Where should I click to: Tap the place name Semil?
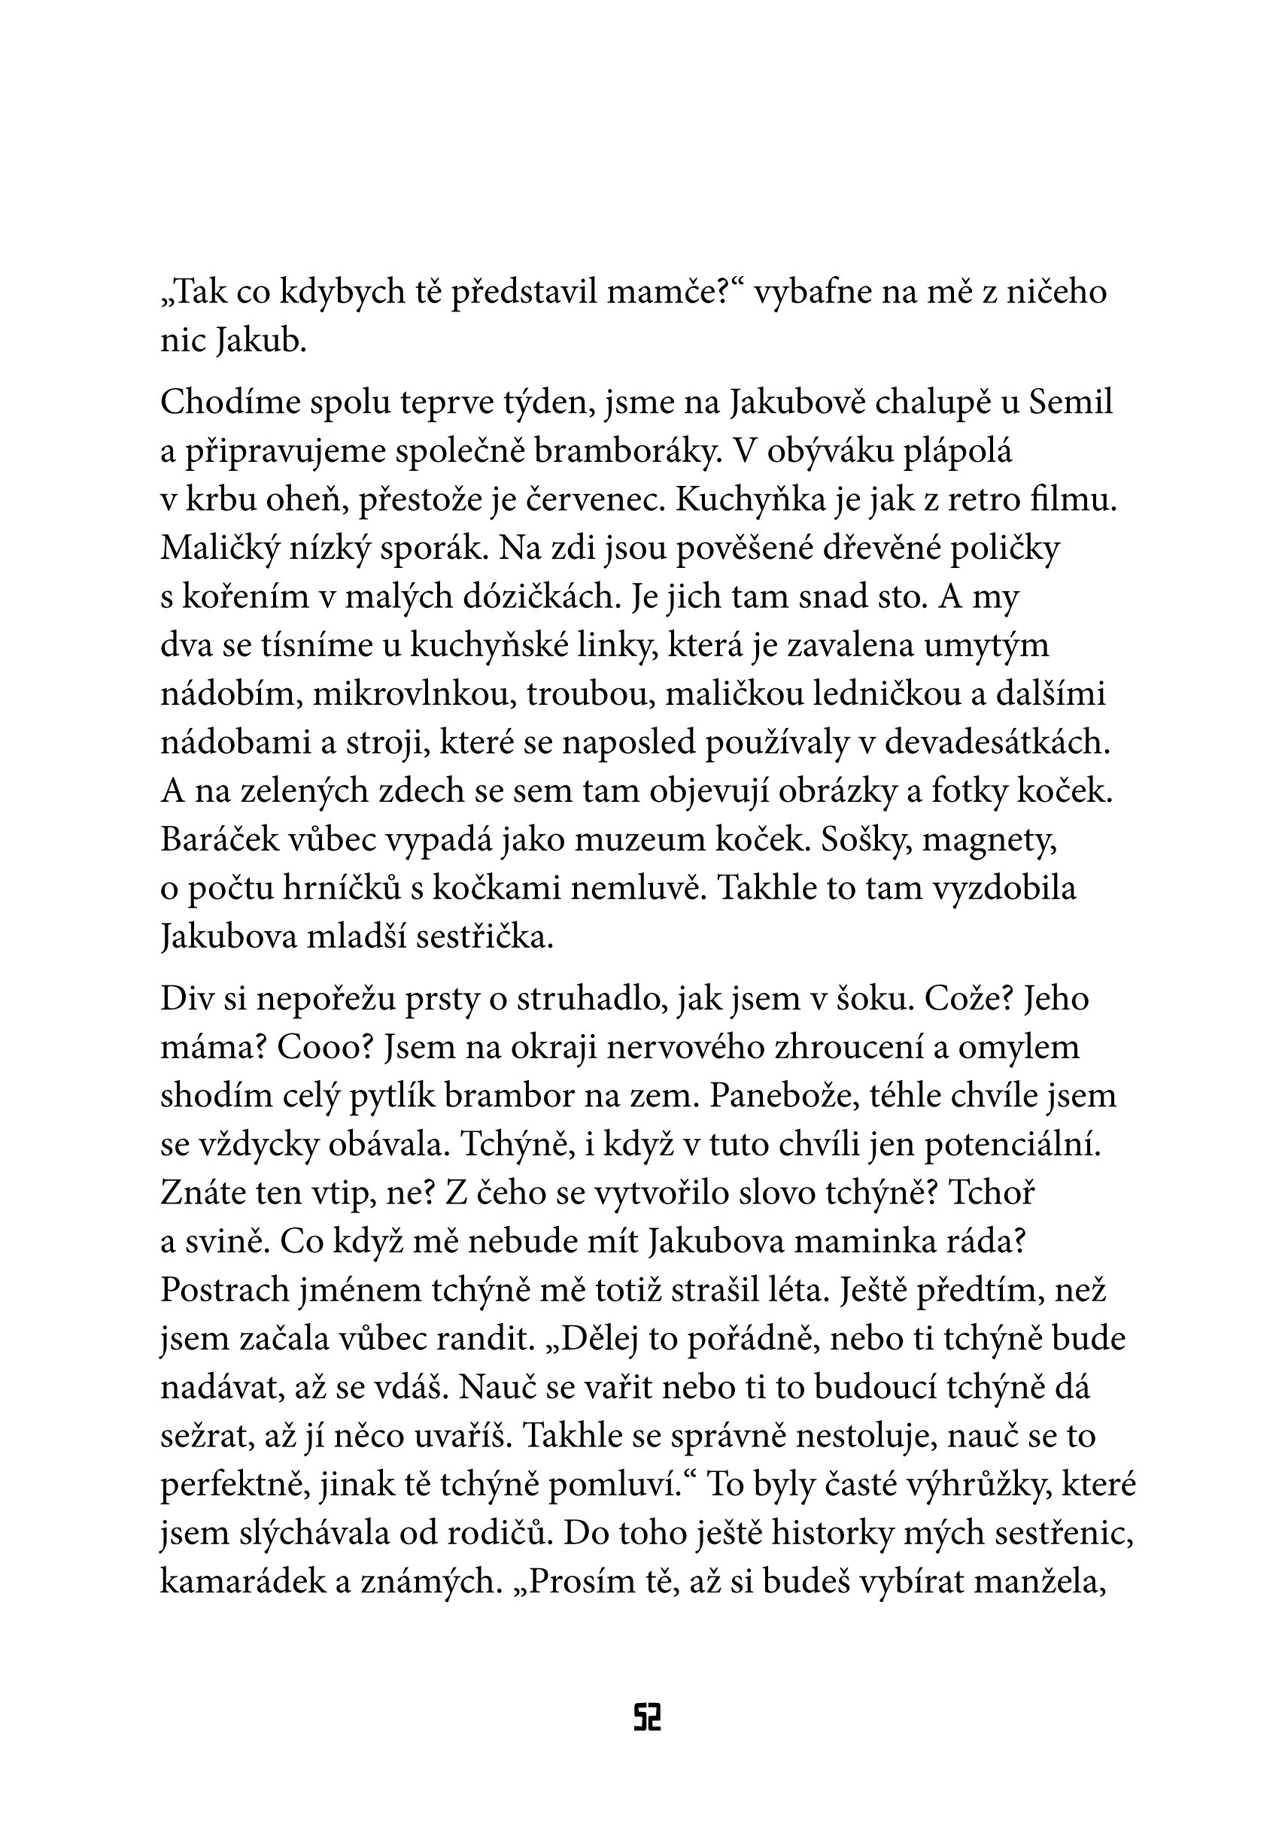coord(1071,402)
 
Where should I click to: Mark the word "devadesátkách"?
coord(996,743)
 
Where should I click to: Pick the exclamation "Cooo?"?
coord(324,1047)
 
